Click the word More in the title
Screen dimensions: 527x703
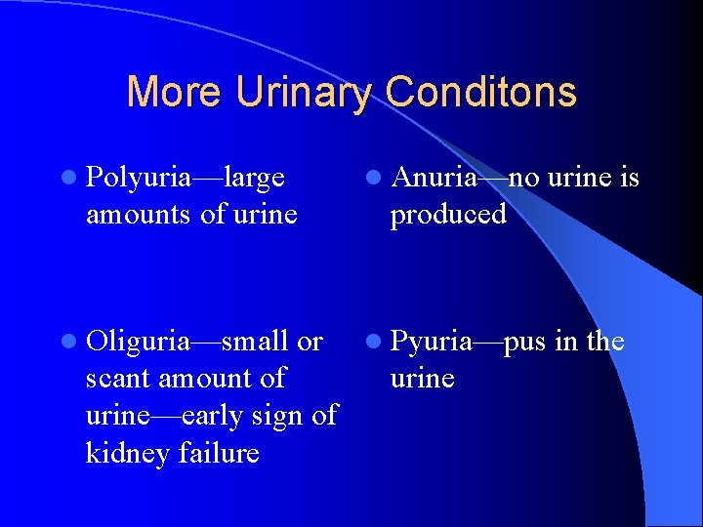[x=168, y=93]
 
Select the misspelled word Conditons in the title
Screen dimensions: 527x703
[x=480, y=93]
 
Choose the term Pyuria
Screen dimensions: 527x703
[x=431, y=342]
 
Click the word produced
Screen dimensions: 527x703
[x=448, y=214]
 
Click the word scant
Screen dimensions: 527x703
[x=113, y=378]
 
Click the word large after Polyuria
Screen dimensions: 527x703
[x=255, y=178]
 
